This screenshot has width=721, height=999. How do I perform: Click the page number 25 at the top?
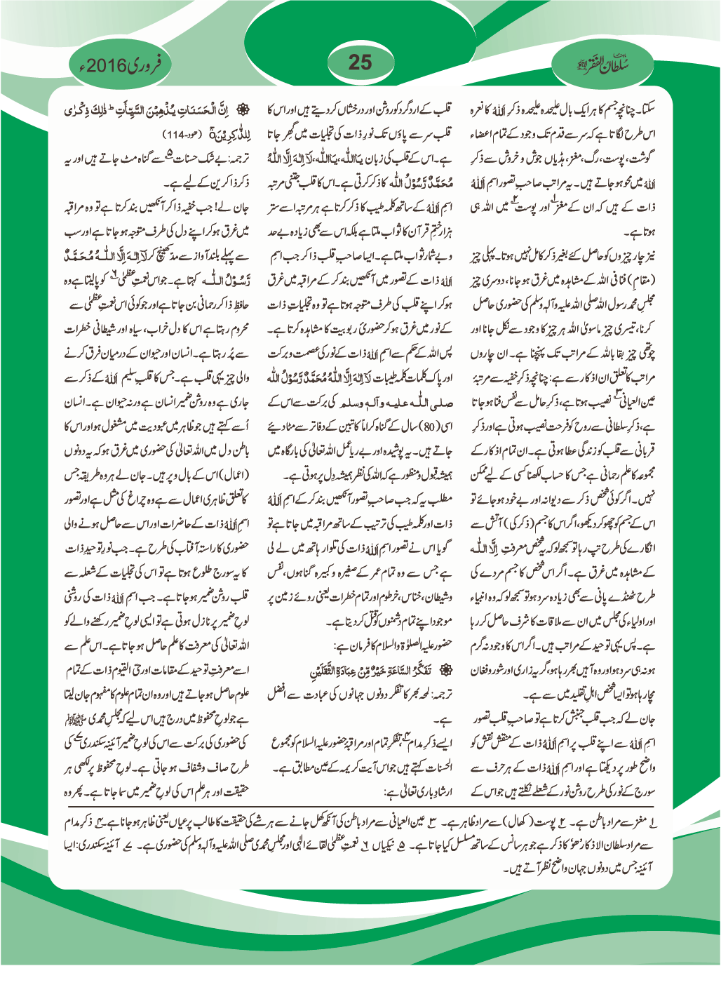tap(360, 62)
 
